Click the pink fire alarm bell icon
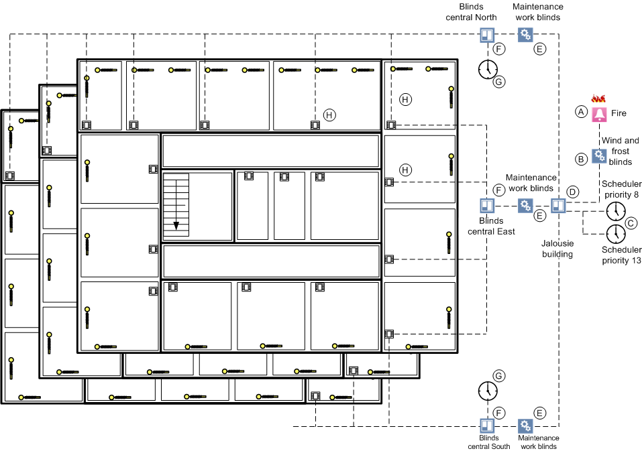[599, 114]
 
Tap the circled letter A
[581, 113]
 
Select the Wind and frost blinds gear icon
[599, 157]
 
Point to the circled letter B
[582, 159]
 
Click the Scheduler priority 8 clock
[614, 212]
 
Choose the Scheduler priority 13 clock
[615, 234]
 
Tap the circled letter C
[630, 223]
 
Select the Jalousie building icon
[558, 206]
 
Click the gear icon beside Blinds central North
[525, 35]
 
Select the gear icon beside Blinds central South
[525, 426]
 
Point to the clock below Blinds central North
[488, 68]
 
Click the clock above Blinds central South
[488, 391]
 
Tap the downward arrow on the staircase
[176, 226]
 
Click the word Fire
[619, 113]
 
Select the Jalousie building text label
[557, 250]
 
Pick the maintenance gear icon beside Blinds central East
[525, 206]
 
